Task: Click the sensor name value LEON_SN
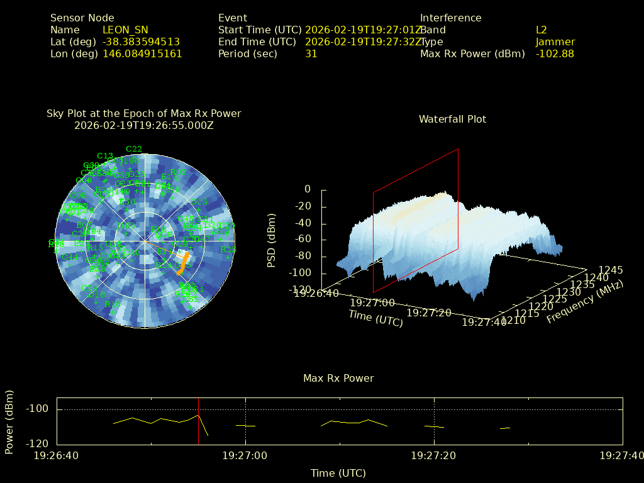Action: point(125,30)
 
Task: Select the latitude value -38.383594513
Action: point(141,42)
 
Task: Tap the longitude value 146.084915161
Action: point(142,54)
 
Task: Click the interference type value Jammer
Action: point(555,42)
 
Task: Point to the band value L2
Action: point(541,30)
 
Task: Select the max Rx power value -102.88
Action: point(555,54)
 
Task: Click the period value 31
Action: point(311,54)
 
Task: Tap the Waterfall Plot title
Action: point(452,119)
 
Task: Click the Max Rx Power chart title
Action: point(338,379)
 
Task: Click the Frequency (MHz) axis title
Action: point(585,303)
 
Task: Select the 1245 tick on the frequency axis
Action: point(611,270)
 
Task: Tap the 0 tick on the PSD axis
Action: point(308,189)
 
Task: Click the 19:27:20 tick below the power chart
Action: point(434,455)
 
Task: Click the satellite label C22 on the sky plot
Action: point(134,149)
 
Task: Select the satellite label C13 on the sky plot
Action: point(105,156)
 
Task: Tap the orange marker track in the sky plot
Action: point(182,264)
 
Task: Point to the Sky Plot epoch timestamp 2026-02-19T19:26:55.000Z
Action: point(144,125)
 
